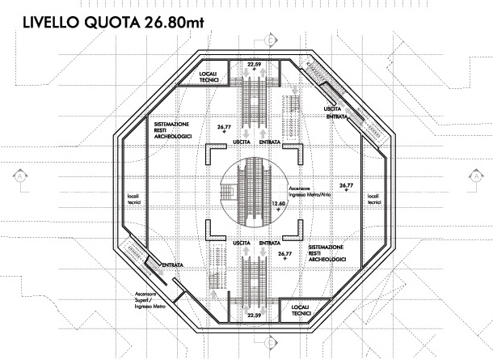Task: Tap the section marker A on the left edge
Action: (x=18, y=174)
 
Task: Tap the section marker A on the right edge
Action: (x=476, y=174)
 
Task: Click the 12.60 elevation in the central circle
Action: (x=279, y=204)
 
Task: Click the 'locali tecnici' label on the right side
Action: (x=373, y=199)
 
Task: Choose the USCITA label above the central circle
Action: (x=241, y=142)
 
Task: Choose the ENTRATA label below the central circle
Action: (x=271, y=243)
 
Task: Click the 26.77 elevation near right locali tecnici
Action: (x=347, y=187)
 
